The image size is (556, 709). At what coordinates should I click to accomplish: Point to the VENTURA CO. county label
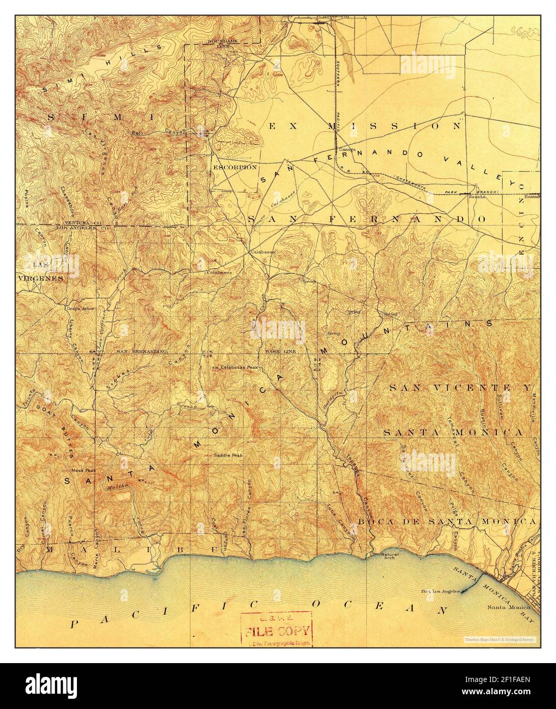(x=81, y=223)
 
